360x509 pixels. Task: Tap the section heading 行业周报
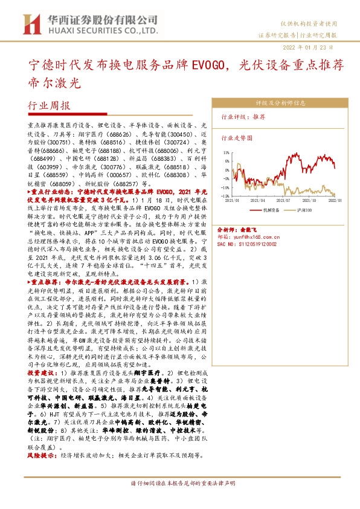[50, 105]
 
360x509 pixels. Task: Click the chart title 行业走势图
[236, 138]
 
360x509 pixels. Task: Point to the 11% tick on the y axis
[227, 153]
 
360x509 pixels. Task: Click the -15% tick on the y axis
[226, 196]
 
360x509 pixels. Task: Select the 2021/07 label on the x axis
[284, 200]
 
